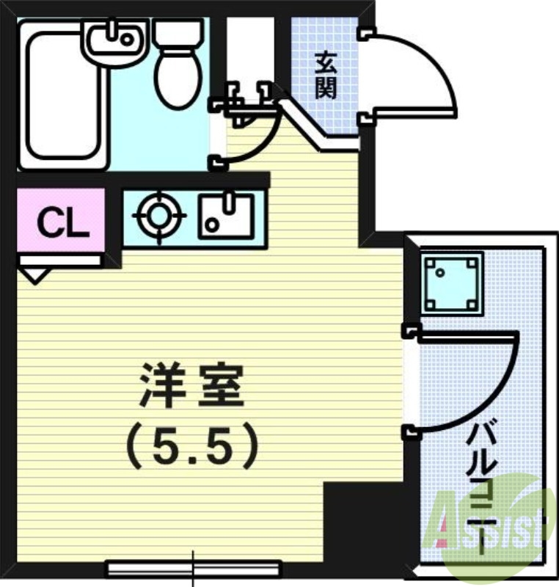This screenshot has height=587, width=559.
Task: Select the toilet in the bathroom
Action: point(178,66)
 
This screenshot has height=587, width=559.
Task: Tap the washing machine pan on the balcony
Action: point(451,282)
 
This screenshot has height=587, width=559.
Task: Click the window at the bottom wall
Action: point(194,567)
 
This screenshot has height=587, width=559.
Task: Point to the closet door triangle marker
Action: point(33,275)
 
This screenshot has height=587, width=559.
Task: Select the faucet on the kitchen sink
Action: point(234,202)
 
